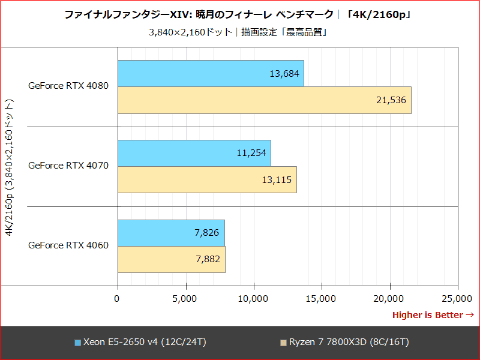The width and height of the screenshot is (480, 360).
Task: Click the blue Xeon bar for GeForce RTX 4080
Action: [210, 73]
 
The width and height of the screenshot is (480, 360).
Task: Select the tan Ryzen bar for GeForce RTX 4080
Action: [264, 100]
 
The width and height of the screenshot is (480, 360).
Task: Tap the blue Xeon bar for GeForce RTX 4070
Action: [194, 153]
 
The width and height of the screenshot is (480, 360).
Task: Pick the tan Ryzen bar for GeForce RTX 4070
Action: [207, 179]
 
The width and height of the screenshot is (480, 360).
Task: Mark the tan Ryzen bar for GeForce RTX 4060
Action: [171, 259]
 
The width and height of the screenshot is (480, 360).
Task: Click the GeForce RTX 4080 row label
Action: [69, 86]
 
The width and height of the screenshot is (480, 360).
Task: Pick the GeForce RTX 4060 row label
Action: [69, 245]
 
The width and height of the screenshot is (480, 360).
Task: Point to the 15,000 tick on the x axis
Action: [321, 297]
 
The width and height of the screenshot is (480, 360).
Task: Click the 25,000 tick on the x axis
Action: [457, 297]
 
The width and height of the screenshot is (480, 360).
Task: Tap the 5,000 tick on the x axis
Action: [185, 297]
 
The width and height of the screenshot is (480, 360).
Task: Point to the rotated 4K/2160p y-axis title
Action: [9, 166]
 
